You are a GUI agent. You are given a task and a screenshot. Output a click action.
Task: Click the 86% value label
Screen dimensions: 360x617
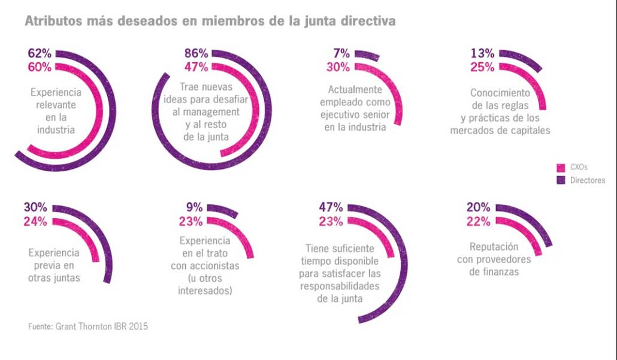click(196, 53)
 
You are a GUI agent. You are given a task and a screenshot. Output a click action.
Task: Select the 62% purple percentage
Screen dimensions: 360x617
click(39, 53)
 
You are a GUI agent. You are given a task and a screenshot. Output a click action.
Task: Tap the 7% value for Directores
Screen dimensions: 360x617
click(341, 53)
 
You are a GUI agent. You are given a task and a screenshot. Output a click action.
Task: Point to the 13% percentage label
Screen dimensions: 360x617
click(482, 53)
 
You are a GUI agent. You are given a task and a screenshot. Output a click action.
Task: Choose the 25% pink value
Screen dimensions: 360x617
click(482, 67)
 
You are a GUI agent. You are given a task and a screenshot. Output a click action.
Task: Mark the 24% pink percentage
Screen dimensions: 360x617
click(36, 221)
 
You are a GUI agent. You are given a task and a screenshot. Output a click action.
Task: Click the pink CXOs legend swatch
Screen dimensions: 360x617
click(561, 168)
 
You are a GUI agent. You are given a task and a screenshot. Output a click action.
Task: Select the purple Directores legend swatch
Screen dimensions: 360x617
click(561, 180)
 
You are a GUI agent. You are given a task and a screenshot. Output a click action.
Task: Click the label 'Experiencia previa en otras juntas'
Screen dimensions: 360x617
click(54, 265)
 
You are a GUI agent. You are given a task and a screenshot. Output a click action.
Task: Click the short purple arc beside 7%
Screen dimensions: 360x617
click(368, 56)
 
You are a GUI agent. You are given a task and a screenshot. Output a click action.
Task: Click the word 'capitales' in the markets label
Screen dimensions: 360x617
click(529, 130)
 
